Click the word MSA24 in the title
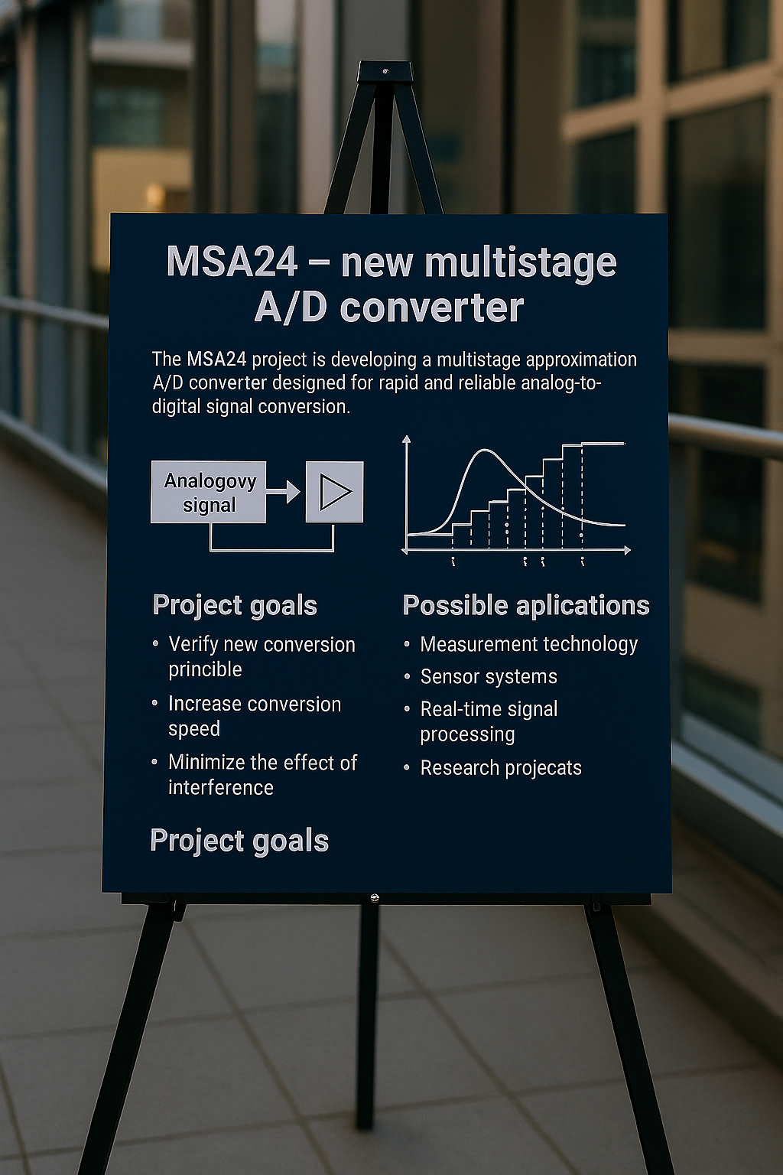click(x=232, y=262)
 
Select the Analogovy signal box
click(x=208, y=492)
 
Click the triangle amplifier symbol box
click(x=335, y=492)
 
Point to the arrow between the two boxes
click(x=283, y=492)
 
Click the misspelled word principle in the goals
click(x=205, y=670)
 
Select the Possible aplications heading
click(x=526, y=606)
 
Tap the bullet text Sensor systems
click(x=489, y=677)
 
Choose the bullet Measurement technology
click(x=528, y=644)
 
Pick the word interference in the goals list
click(x=221, y=787)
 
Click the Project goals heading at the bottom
click(x=239, y=841)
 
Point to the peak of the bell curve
click(x=486, y=450)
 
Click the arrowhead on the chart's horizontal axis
click(x=627, y=550)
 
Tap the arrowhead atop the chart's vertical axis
click(x=406, y=439)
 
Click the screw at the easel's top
click(x=385, y=71)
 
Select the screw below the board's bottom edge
click(x=374, y=898)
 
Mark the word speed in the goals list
click(x=194, y=729)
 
